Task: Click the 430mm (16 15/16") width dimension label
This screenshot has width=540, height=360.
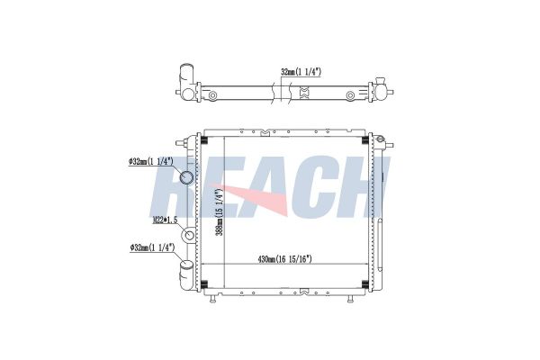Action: [x=284, y=259]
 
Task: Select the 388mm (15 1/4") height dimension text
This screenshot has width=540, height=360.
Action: [x=220, y=212]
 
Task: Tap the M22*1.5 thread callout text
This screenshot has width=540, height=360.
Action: [x=165, y=220]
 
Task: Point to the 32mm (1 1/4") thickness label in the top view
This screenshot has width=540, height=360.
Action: [x=301, y=72]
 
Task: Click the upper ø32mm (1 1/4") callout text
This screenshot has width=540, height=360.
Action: [x=150, y=161]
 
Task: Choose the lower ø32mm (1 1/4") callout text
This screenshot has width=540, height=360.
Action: [x=152, y=247]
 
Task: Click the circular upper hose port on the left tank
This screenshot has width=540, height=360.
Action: [x=187, y=177]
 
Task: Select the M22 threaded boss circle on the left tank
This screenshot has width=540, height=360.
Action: [x=189, y=236]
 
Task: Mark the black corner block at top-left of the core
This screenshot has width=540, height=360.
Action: [x=204, y=140]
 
